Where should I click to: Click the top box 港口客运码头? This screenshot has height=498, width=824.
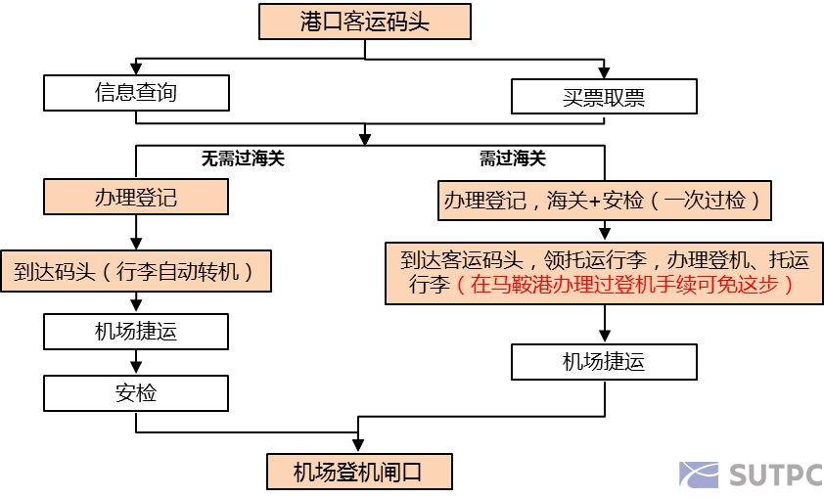(364, 23)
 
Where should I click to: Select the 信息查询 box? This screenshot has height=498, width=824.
(136, 93)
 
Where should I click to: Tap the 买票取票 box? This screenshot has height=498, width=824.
(604, 97)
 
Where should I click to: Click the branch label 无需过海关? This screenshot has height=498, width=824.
(243, 158)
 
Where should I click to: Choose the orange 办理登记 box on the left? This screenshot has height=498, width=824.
(136, 197)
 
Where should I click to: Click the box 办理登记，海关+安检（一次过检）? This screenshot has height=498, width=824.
(605, 201)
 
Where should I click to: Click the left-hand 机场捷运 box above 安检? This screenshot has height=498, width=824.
(136, 332)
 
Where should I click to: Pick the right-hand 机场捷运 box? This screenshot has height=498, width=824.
(604, 361)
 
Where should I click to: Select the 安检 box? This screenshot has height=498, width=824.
(136, 393)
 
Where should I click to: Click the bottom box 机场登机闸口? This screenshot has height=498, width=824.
(359, 472)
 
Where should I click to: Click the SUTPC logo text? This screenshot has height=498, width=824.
(774, 475)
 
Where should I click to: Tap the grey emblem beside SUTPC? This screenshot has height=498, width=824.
(700, 475)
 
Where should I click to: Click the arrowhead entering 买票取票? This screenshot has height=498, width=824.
(604, 73)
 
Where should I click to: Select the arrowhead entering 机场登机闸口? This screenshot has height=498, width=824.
(359, 447)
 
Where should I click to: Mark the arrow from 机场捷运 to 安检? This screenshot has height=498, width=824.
(136, 363)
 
